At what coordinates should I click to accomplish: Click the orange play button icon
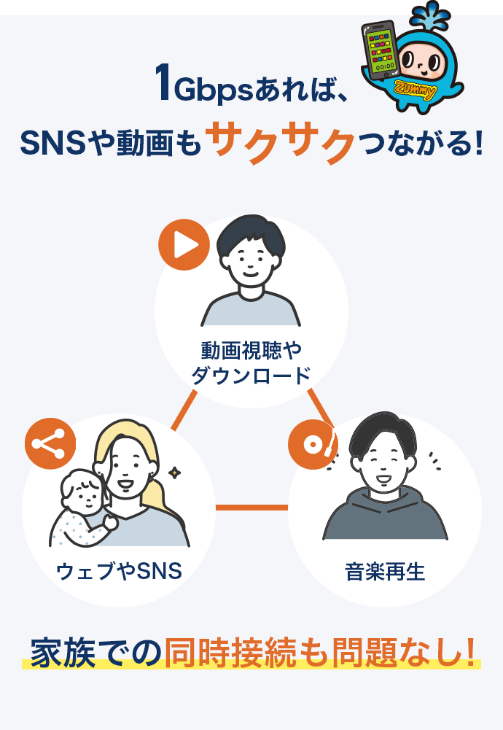(184, 244)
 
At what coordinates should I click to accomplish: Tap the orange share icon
(50, 443)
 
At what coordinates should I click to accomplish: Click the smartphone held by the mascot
(379, 50)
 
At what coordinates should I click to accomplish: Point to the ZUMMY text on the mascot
(416, 90)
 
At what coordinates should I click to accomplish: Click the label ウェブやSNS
(119, 571)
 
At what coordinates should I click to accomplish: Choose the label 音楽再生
(385, 571)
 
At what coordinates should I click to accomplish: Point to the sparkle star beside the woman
(174, 473)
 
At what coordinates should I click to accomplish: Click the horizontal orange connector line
(251, 507)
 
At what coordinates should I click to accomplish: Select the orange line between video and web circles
(184, 410)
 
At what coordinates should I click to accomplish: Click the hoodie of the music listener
(385, 513)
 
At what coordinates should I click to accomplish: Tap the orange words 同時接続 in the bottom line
(230, 652)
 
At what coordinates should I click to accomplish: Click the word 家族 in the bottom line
(63, 652)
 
